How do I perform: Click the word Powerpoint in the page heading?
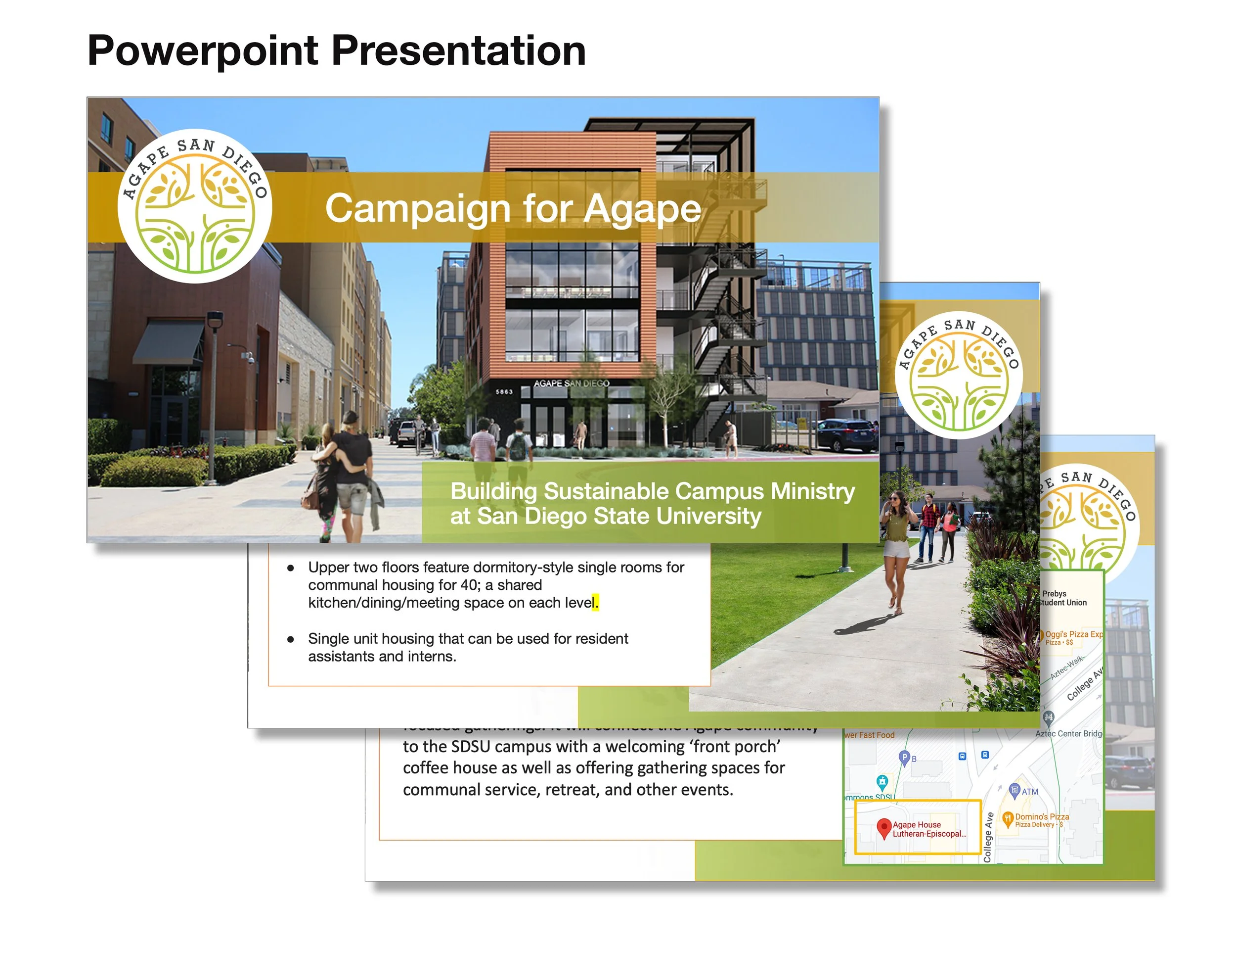click(x=203, y=51)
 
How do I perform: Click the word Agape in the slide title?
click(x=642, y=209)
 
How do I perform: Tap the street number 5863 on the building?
click(x=504, y=392)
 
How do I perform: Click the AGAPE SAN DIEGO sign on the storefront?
click(x=571, y=383)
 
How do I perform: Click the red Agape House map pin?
click(x=883, y=827)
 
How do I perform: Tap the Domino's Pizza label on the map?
click(x=1041, y=817)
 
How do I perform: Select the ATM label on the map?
click(x=1029, y=792)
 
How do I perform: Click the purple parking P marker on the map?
click(x=904, y=757)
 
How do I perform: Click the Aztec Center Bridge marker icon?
click(x=1048, y=717)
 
